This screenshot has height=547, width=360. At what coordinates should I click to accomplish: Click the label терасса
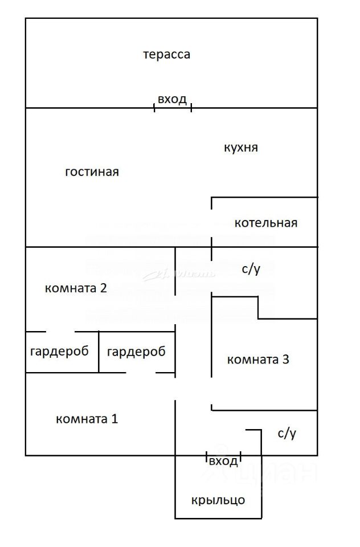click(166, 55)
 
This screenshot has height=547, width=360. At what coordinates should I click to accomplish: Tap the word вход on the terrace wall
click(172, 100)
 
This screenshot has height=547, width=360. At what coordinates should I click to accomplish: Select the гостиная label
click(92, 172)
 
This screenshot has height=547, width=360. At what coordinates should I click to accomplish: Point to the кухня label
click(241, 148)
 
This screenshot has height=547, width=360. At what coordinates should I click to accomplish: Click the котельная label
click(265, 223)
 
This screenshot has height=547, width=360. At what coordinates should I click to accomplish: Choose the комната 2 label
click(76, 288)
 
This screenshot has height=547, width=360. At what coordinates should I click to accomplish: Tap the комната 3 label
click(259, 360)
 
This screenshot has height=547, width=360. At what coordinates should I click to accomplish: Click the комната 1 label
click(87, 419)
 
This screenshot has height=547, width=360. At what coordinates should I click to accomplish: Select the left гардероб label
click(59, 352)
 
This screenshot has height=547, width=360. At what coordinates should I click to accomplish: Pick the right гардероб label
click(136, 352)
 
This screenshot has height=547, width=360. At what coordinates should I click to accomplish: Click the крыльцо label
click(218, 500)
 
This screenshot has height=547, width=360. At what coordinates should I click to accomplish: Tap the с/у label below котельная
click(251, 269)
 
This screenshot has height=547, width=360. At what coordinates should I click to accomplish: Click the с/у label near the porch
click(287, 434)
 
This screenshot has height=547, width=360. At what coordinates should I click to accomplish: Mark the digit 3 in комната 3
click(286, 360)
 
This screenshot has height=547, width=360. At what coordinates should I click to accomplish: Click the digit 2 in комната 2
click(103, 288)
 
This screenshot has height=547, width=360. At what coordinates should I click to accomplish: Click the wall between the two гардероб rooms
click(99, 352)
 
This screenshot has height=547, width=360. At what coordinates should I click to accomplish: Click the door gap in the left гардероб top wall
click(59, 332)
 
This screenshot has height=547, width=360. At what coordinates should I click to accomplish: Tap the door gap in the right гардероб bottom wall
click(141, 373)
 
